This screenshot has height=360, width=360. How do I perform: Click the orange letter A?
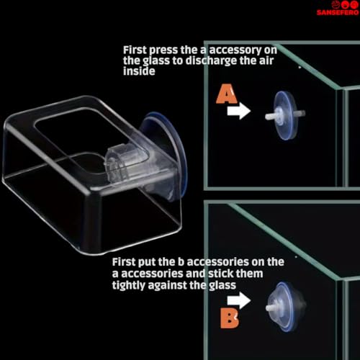click(227, 94)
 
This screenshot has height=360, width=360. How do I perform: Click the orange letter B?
click(230, 318)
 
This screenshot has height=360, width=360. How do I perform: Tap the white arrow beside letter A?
click(239, 111)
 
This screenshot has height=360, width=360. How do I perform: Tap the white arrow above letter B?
click(239, 300)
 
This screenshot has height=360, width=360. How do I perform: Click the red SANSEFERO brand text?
click(338, 12)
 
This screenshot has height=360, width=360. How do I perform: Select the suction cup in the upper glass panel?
click(285, 115)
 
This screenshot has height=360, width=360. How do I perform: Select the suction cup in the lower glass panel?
click(286, 307)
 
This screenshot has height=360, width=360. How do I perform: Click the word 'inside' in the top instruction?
click(139, 71)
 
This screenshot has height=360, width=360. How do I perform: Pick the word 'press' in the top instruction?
click(163, 50)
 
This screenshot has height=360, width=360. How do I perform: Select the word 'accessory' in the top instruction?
click(235, 50)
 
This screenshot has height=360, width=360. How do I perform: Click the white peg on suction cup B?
click(271, 307)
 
